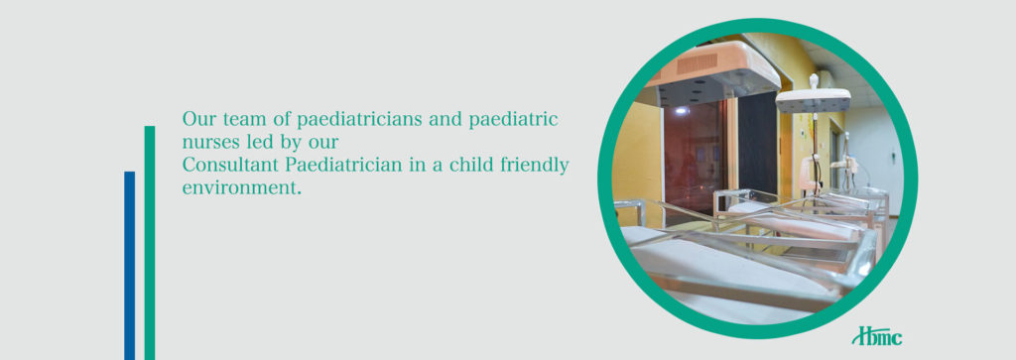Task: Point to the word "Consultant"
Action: [x=230, y=165]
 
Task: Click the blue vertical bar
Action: [x=130, y=266]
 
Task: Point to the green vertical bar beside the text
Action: [x=150, y=243]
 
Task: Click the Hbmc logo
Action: [x=877, y=336]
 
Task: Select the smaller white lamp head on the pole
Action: [x=814, y=100]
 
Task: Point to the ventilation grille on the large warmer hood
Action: [x=696, y=63]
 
